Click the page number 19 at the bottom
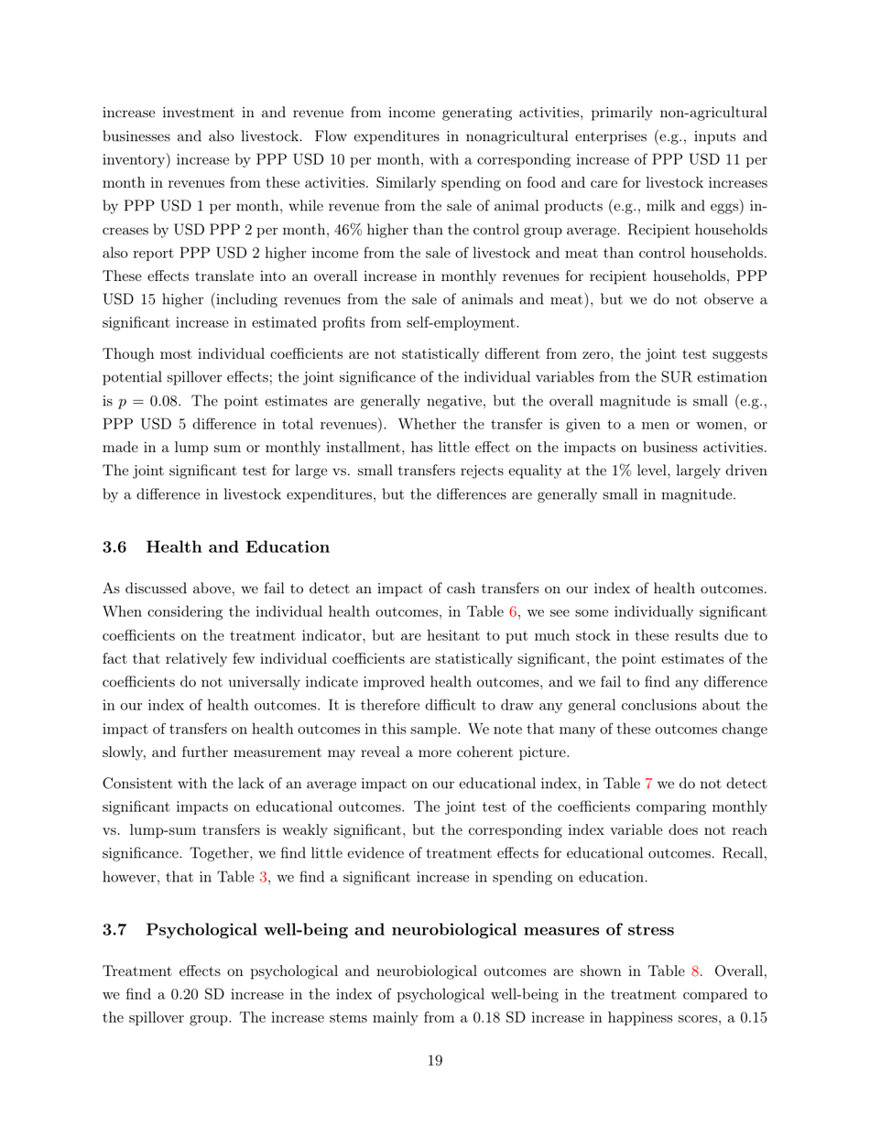pos(435,1061)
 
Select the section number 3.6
pos(114,547)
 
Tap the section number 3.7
pos(114,929)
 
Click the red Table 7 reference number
pos(638,785)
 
